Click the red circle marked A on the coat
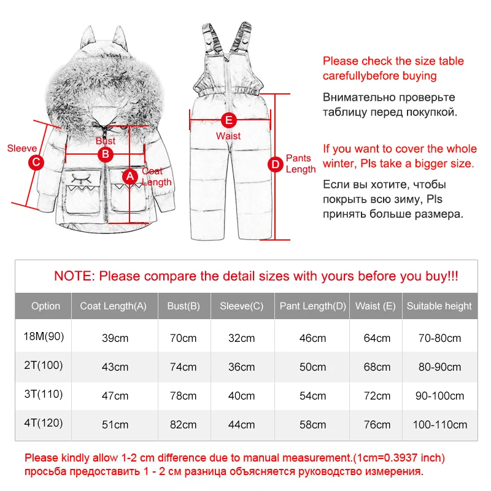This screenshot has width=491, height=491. tap(130, 176)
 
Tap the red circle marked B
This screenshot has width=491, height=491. tap(106, 155)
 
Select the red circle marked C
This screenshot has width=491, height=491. tap(36, 162)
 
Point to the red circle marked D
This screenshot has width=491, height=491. tap(276, 164)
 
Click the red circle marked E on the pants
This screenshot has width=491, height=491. tap(228, 120)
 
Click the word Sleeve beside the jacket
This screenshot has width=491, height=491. tap(22, 148)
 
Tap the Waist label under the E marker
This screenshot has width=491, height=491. tap(228, 136)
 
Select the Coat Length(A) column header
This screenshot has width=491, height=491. tap(114, 306)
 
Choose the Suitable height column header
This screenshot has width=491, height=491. tap(439, 306)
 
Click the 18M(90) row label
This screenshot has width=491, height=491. tap(44, 336)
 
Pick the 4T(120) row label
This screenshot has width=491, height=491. tap(44, 423)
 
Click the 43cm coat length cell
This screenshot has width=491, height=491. tap(115, 367)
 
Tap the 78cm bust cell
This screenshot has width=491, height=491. tap(183, 396)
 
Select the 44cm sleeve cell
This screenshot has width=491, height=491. tap(241, 425)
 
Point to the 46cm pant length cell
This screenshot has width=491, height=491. tap(312, 338)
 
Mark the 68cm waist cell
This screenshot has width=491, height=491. tap(377, 367)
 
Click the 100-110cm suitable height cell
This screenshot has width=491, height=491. tap(439, 425)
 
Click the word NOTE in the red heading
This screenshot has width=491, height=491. tap(74, 276)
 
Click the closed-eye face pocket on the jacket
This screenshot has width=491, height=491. tap(82, 191)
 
